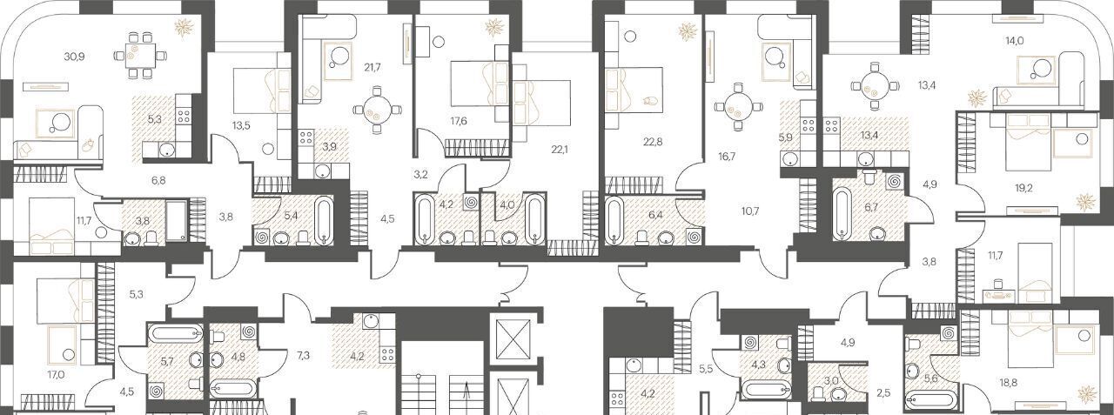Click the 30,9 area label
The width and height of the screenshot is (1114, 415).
coord(74,57)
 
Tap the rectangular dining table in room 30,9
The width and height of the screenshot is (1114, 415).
coord(140,55)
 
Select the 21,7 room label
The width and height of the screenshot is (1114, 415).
coord(372,67)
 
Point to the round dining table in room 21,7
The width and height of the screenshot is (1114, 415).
coord(377,110)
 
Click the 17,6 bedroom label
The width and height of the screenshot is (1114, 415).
coord(458,121)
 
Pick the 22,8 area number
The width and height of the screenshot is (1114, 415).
coord(652,142)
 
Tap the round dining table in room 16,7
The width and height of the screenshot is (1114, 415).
coord(737,107)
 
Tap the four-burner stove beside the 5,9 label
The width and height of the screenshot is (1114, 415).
coord(808,125)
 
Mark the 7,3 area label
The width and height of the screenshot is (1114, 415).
coord(303,355)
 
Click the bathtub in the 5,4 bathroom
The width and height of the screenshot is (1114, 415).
coord(324,221)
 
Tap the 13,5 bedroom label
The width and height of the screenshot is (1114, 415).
coord(241,125)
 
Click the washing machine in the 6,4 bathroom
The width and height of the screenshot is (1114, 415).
coord(694,237)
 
